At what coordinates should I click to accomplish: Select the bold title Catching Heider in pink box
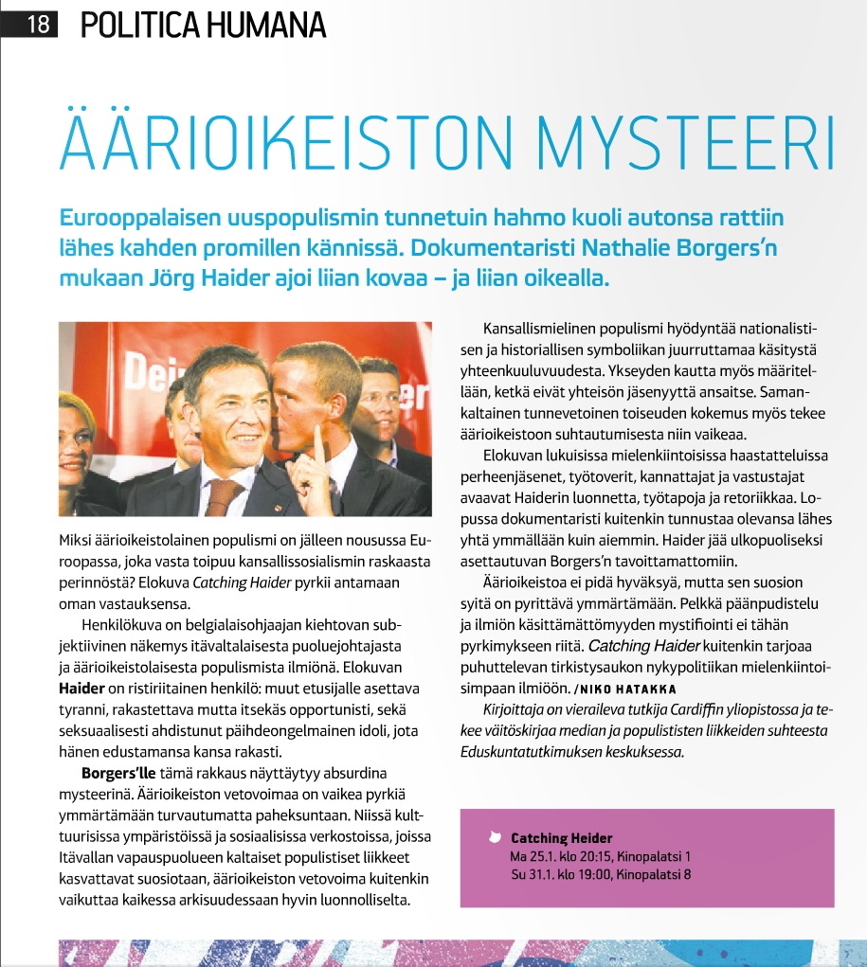562,838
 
